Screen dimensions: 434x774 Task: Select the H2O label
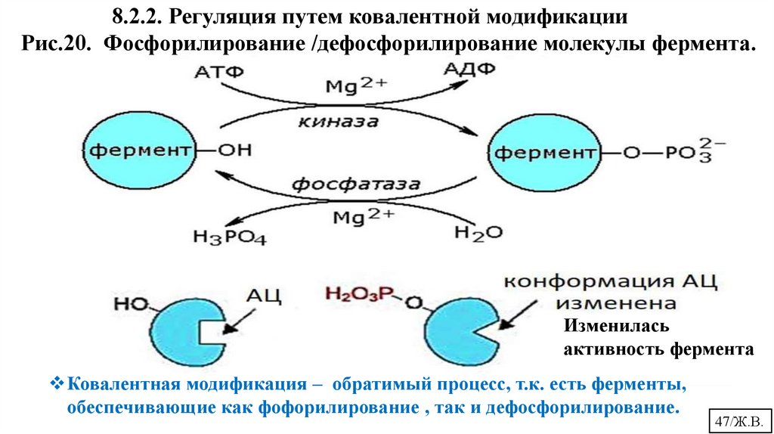[478, 232]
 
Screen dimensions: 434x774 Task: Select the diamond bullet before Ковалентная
[59, 384]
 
